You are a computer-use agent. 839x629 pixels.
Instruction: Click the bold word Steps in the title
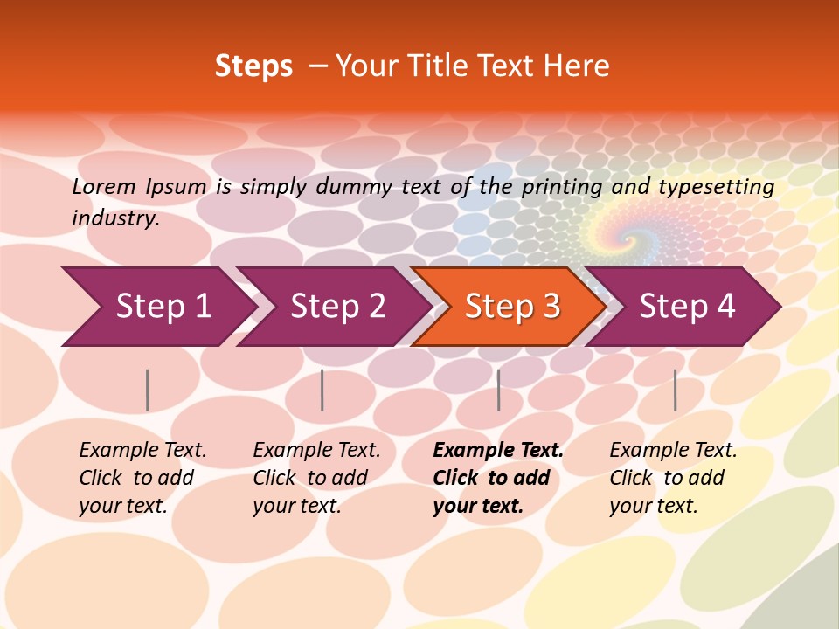coord(253,66)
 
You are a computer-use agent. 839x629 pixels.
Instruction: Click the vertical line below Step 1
coord(148,390)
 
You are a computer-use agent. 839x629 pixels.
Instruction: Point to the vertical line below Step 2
coord(322,390)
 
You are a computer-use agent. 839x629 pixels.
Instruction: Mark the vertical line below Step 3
coord(498,390)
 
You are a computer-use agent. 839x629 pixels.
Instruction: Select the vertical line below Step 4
coord(675,390)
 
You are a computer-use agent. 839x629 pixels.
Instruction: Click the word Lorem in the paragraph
coord(104,187)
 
